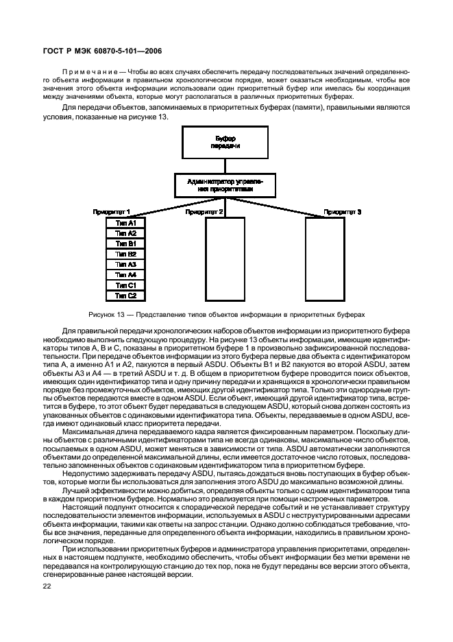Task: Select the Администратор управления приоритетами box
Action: [225, 185]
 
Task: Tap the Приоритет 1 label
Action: [112, 213]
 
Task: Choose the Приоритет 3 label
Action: [343, 213]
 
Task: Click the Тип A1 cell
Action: [126, 224]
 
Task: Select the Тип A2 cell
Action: [126, 234]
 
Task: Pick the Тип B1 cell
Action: [126, 244]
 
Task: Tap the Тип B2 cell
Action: [126, 254]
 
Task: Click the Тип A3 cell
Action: [126, 265]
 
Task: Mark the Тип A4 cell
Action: [126, 275]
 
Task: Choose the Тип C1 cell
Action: [126, 285]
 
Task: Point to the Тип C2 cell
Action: [126, 296]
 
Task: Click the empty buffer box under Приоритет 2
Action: [225, 259]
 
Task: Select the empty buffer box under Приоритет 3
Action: [325, 259]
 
